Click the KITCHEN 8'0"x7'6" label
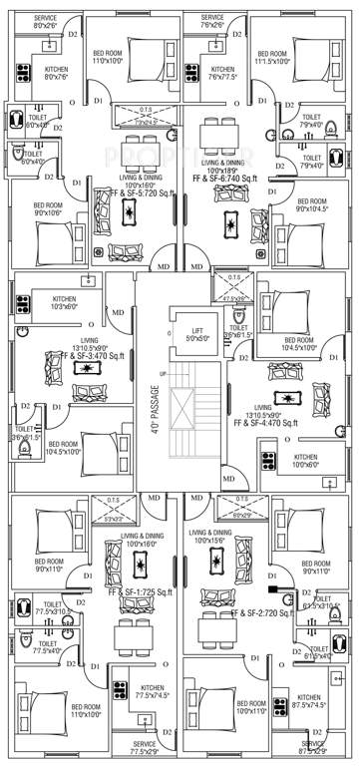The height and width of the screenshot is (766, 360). tap(56, 73)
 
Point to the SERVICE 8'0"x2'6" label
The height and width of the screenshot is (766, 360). tap(45, 22)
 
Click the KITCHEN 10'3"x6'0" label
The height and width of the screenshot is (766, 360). tap(64, 304)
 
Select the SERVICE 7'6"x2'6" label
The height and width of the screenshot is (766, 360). tap(212, 22)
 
